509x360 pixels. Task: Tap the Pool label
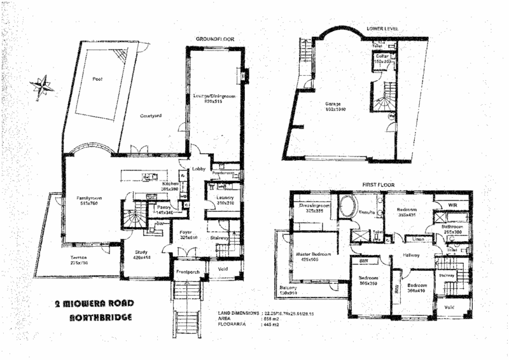click(97, 79)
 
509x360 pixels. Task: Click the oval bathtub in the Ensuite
click(347, 207)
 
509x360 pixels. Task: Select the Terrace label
click(80, 259)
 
